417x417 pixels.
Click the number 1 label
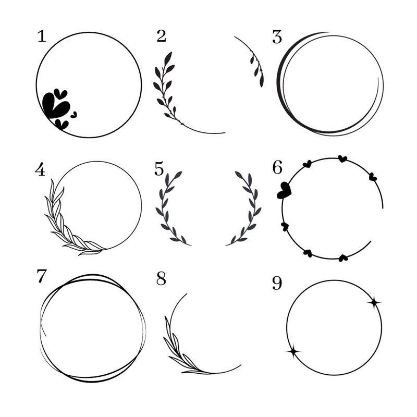coord(42,36)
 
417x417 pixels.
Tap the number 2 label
coord(162,36)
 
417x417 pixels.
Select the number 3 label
coord(277,37)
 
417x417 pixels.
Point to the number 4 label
coord(40,170)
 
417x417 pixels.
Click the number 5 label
coord(159,169)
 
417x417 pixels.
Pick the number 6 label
coord(277,168)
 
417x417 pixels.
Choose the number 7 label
coord(42,276)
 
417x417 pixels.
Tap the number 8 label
coord(161,278)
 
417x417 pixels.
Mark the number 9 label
coord(277,283)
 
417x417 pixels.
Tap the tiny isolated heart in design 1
coord(73,115)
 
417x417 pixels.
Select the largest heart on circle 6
coord(284,190)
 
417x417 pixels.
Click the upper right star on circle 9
coord(374,302)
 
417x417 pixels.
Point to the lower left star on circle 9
coord(293,351)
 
